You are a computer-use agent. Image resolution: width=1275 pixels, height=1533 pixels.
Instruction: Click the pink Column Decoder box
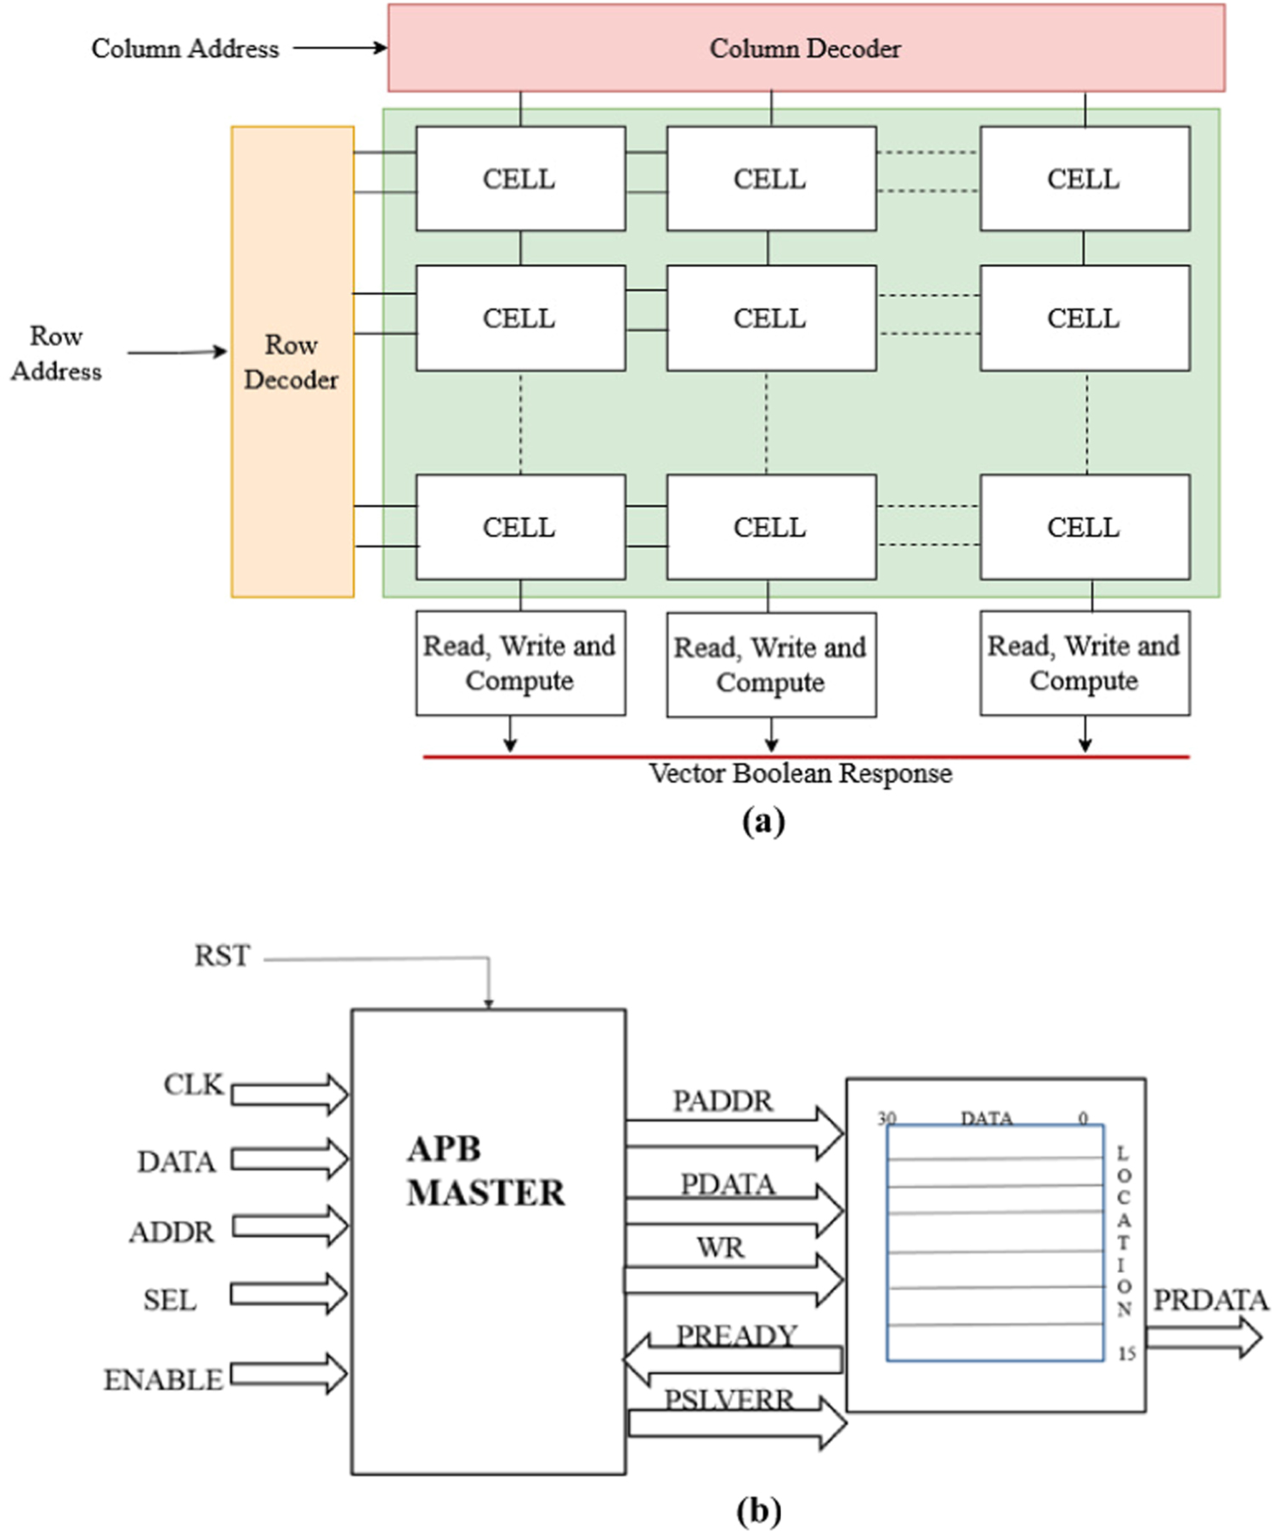pyautogui.click(x=805, y=48)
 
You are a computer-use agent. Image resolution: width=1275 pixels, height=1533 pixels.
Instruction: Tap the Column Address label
pyautogui.click(x=184, y=48)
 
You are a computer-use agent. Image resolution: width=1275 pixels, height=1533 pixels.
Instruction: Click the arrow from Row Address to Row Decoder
pyautogui.click(x=177, y=352)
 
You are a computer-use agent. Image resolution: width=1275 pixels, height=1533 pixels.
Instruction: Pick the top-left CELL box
pyautogui.click(x=519, y=179)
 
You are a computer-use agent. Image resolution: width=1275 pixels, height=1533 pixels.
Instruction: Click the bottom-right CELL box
pyautogui.click(x=1084, y=527)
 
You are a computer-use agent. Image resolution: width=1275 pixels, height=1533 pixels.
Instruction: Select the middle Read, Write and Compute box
pyautogui.click(x=770, y=665)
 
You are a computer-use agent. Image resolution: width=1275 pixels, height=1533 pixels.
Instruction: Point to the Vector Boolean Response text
pyautogui.click(x=800, y=774)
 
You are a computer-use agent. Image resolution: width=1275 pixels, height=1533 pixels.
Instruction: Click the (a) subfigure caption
pyautogui.click(x=762, y=821)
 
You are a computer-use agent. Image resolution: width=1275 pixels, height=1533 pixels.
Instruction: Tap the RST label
pyautogui.click(x=222, y=956)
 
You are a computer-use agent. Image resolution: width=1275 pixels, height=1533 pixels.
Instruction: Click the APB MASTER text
pyautogui.click(x=484, y=1171)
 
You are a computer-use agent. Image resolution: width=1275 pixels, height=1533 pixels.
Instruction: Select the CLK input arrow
pyautogui.click(x=289, y=1093)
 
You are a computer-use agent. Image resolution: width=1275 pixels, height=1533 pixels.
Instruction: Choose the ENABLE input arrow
pyautogui.click(x=289, y=1374)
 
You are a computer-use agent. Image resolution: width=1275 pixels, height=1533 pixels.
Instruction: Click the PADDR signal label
pyautogui.click(x=722, y=1101)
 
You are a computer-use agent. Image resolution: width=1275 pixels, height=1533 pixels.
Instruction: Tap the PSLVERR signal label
pyautogui.click(x=728, y=1400)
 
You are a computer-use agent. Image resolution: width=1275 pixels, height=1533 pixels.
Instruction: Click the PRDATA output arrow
pyautogui.click(x=1204, y=1337)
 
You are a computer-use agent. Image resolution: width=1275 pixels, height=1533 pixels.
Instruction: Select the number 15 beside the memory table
pyautogui.click(x=1126, y=1354)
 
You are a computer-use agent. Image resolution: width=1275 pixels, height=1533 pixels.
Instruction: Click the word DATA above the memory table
pyautogui.click(x=986, y=1118)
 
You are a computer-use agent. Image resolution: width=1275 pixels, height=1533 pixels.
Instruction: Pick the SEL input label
pyautogui.click(x=169, y=1300)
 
